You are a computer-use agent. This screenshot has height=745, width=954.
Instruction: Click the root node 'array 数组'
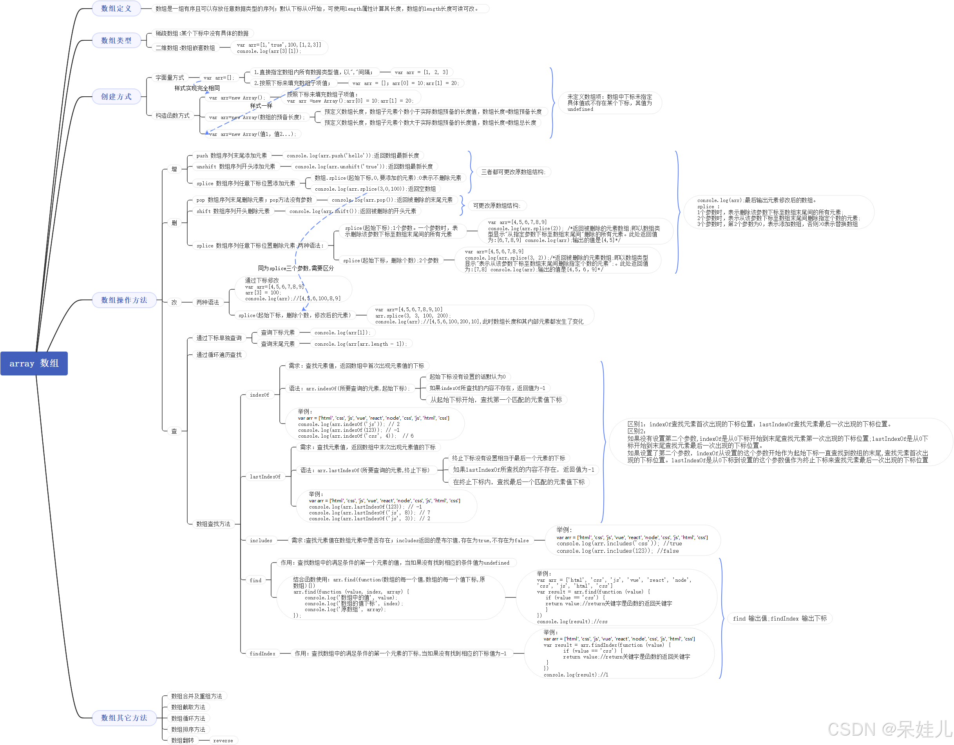point(34,363)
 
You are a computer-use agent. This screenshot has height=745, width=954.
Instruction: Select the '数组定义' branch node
point(116,8)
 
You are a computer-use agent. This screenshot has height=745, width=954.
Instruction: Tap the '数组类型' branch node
point(116,40)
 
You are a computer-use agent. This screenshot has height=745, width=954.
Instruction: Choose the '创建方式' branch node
point(116,96)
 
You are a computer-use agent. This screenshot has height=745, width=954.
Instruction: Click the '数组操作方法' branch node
point(124,300)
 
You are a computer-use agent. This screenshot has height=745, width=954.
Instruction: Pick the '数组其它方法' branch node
point(124,718)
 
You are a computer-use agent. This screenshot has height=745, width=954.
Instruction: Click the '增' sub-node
point(174,169)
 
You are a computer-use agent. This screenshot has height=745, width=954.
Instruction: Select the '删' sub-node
point(174,223)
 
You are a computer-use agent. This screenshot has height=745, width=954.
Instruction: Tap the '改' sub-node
point(174,302)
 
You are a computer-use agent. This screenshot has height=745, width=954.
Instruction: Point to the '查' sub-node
point(174,431)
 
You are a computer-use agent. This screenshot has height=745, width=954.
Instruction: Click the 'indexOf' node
point(259,395)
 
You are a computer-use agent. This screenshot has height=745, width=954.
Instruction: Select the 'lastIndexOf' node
point(265,476)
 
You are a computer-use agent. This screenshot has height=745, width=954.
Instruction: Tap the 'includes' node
point(261,540)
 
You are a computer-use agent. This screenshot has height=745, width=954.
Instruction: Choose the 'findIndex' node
point(262,653)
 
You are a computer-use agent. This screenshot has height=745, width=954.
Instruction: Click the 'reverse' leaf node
point(223,740)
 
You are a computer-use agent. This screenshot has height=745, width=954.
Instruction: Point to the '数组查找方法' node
point(213,524)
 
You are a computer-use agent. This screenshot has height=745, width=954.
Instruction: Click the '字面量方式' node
point(170,77)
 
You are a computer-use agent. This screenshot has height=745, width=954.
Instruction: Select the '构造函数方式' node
point(172,115)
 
